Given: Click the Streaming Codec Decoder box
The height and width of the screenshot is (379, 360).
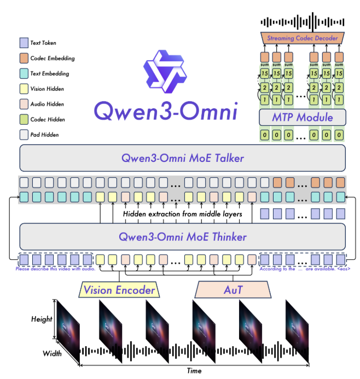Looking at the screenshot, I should coord(302,38).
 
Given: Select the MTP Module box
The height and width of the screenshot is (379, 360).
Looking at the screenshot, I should coord(302,116).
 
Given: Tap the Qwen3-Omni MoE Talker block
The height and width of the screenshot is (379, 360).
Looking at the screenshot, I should coord(183,159).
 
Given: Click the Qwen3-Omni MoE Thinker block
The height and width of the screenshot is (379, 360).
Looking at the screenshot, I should coord(183,237).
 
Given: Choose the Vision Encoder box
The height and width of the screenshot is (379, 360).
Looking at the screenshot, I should coord(119,290).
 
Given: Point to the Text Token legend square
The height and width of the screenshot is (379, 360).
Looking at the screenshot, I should coord(23,43).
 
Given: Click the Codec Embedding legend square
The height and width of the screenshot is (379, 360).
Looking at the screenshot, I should coord(23,58).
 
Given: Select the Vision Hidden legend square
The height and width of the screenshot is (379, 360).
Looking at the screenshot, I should coord(23,89).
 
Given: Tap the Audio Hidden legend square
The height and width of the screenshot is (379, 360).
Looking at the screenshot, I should coord(23,104).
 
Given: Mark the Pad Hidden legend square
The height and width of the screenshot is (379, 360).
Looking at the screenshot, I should coord(23,135).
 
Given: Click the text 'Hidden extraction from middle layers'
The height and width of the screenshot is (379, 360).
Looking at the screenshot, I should coord(182,214).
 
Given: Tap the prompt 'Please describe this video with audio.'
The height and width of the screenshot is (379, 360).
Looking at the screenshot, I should coord(56,269).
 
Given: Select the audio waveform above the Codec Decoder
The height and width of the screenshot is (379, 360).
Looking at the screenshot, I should coord(303,21).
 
